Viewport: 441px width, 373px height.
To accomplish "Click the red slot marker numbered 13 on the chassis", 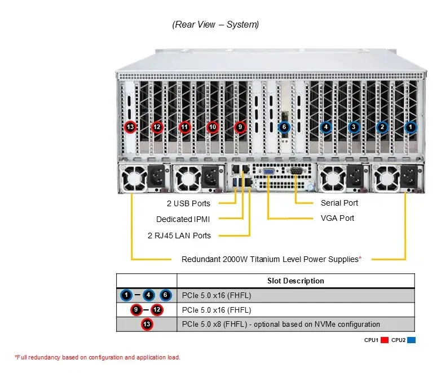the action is (130, 127).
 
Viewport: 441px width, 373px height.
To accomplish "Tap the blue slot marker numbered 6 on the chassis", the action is (284, 127).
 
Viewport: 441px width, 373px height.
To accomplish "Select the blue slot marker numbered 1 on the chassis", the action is (411, 127).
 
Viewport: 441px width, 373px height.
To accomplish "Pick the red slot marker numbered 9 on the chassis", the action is (240, 127).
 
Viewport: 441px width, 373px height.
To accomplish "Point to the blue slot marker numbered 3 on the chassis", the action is (354, 127).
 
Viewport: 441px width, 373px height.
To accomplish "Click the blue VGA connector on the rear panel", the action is (268, 171).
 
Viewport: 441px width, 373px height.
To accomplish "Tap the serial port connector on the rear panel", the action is (296, 171).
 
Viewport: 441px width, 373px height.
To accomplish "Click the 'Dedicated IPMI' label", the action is (183, 219).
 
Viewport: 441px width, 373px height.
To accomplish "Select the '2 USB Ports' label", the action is (188, 203).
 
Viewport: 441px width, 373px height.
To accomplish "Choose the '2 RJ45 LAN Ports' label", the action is (179, 236).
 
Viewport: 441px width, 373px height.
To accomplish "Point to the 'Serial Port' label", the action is (339, 203).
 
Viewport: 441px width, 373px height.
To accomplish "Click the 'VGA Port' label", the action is (337, 218).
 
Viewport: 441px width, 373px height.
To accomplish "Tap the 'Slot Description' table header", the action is (296, 281).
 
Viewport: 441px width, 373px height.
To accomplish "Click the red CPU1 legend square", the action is (385, 340).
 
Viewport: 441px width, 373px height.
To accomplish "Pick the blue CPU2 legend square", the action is (411, 340).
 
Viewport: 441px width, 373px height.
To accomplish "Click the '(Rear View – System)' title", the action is (215, 24).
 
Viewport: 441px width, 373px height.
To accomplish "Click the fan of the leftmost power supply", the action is (133, 179).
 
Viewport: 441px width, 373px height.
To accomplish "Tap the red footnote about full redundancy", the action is (98, 357).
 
